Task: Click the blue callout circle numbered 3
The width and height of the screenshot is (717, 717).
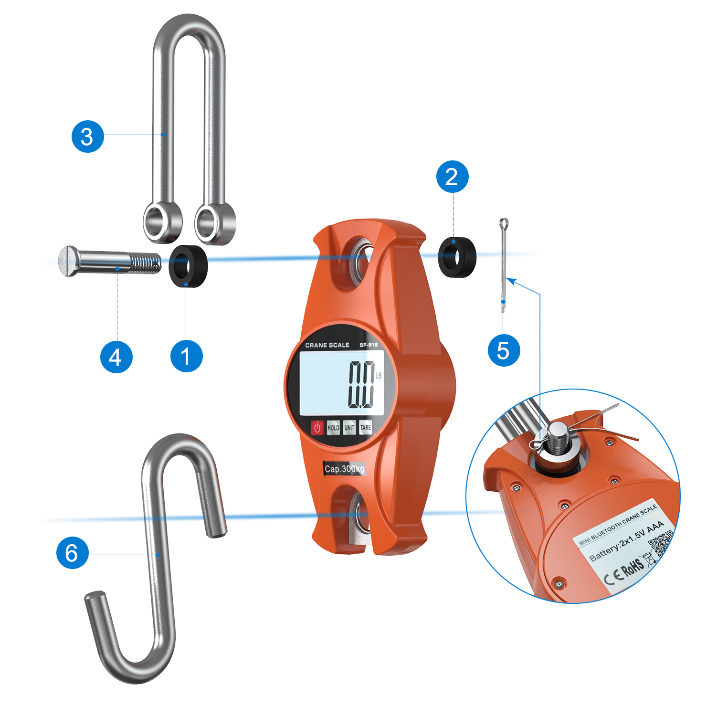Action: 87,137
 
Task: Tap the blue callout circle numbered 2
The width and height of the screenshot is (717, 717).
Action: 452,177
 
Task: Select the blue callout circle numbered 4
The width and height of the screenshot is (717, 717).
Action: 116,357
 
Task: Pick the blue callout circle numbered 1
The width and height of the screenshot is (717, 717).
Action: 186,356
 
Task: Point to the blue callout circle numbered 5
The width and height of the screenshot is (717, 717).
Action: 504,350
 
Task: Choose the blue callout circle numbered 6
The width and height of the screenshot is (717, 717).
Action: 72,553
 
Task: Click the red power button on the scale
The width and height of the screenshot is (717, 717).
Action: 317,427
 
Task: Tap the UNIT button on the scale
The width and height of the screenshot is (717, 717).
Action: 349,428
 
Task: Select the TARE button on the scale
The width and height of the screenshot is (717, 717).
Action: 366,428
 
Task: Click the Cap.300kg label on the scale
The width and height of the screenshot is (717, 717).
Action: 345,469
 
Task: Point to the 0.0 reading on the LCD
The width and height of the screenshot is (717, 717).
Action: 361,384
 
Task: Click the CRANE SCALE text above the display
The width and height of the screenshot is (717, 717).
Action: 327,345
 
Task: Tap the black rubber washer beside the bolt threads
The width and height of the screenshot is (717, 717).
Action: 189,266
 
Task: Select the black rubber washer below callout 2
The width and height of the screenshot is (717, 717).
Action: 457,257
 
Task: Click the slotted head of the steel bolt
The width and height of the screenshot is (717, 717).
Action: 68,261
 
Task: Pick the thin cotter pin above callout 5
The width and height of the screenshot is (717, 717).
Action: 503,265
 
